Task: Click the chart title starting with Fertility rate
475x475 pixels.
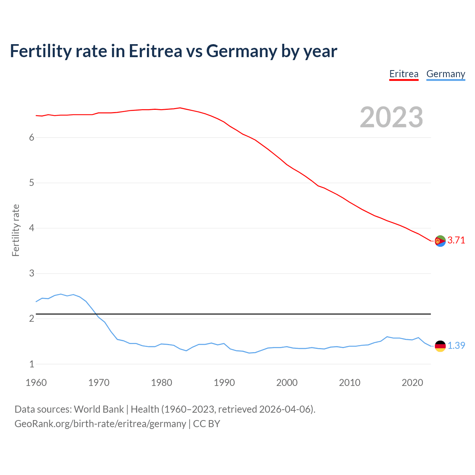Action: [173, 51]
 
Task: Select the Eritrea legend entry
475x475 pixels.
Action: [404, 74]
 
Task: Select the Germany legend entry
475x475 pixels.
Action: [445, 74]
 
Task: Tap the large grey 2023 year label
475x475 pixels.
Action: [391, 117]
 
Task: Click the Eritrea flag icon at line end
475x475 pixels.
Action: [440, 241]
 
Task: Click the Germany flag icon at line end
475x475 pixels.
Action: [440, 346]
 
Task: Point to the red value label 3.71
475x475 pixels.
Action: [456, 240]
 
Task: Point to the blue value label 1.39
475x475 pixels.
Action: [456, 346]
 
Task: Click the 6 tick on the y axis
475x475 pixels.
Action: [32, 138]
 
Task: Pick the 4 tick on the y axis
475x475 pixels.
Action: [32, 228]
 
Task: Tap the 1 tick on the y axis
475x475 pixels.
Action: [32, 364]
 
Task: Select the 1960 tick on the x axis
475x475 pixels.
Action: [36, 383]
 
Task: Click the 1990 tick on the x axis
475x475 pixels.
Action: [224, 383]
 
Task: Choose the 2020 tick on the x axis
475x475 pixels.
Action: [412, 383]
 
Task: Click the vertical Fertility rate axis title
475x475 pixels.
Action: [16, 230]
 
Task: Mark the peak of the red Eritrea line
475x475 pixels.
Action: [180, 108]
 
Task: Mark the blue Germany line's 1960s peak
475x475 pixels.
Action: [61, 294]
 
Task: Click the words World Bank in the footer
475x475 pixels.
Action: [99, 409]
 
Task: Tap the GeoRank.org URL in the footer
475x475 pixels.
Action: [100, 424]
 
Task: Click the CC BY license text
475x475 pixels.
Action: [207, 424]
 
